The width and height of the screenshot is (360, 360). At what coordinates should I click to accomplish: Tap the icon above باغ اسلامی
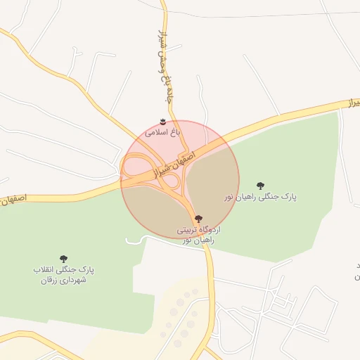[x=164, y=121]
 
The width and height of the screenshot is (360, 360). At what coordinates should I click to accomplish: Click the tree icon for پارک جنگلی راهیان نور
[x=261, y=186]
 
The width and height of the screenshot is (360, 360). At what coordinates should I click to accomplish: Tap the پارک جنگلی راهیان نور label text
[x=260, y=198]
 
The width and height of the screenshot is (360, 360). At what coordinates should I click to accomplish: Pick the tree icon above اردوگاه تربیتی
[x=198, y=219]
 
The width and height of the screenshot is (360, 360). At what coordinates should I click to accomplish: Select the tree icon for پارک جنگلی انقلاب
[x=63, y=259]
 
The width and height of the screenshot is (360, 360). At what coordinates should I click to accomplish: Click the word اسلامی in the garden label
[x=154, y=131]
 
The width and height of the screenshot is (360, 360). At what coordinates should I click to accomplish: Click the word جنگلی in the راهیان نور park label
[x=266, y=198]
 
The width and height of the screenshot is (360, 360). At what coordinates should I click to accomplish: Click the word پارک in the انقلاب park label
[x=86, y=269]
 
